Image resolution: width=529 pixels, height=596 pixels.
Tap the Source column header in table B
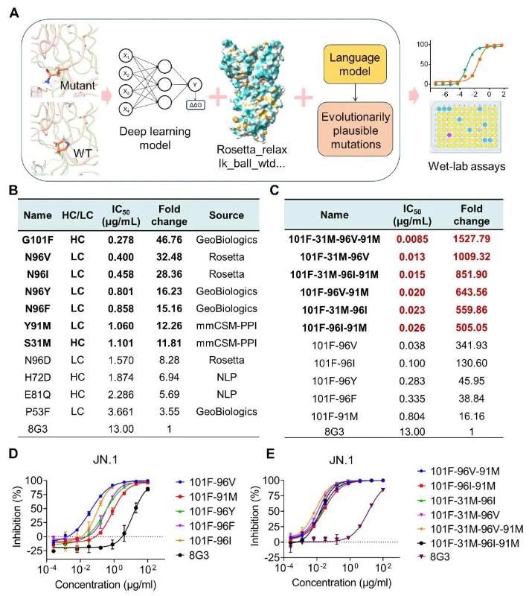coord(226,215)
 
